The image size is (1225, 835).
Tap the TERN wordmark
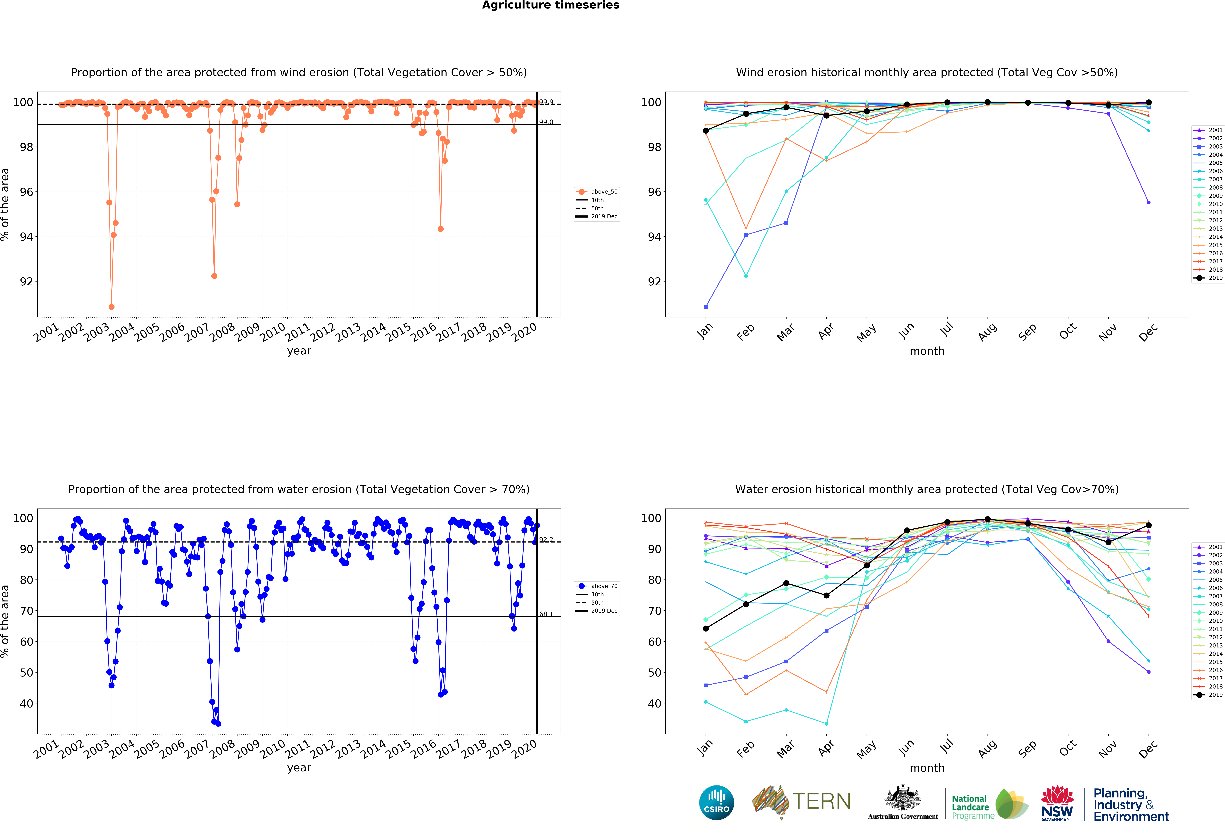821,801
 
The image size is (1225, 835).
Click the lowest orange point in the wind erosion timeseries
111,307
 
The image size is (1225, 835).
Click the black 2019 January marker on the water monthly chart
705,628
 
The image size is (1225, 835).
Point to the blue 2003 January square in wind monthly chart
705,307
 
